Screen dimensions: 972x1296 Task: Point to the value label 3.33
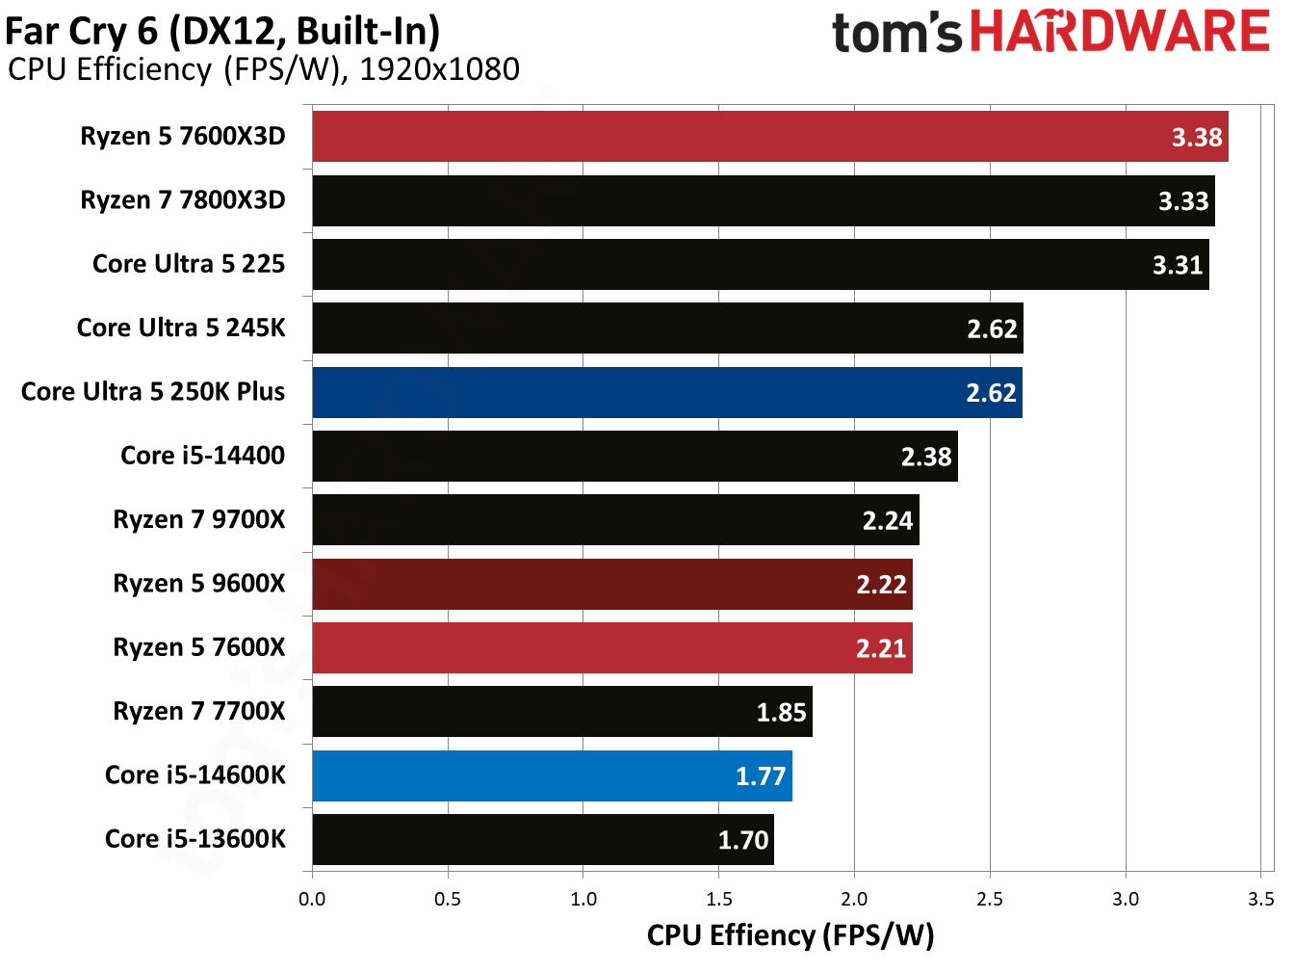click(x=1182, y=201)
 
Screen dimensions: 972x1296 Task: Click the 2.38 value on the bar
click(x=925, y=457)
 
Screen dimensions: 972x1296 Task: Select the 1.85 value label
click(x=780, y=712)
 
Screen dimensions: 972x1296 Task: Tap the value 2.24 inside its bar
click(x=887, y=521)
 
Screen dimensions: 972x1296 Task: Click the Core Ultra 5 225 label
click(x=189, y=264)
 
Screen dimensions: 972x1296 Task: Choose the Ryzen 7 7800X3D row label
click(x=183, y=200)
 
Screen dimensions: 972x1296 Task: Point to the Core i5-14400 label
click(x=202, y=456)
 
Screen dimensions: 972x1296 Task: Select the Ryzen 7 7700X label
click(x=199, y=711)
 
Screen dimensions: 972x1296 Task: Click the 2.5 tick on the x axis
click(x=990, y=899)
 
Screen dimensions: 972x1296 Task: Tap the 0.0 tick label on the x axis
click(x=312, y=899)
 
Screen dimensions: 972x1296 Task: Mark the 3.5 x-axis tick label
click(x=1260, y=899)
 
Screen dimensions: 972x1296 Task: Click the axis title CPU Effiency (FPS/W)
click(x=790, y=935)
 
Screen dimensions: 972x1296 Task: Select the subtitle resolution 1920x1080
click(x=439, y=69)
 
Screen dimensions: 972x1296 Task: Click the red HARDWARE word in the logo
click(x=1119, y=32)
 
